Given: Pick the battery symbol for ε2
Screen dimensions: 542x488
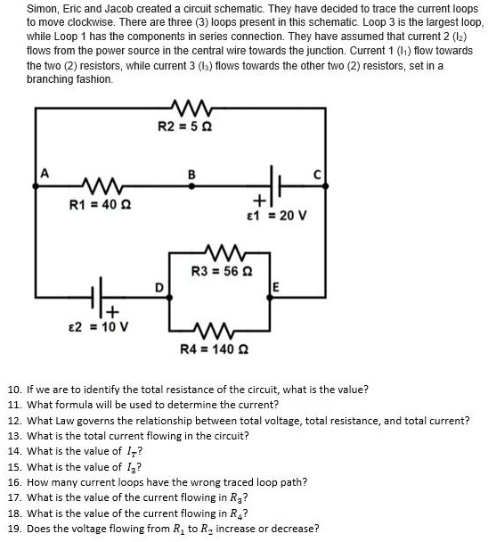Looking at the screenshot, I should click(x=102, y=295).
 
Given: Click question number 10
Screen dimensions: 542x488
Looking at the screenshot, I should click(x=14, y=390).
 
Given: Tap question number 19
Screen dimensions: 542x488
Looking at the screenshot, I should click(x=14, y=529).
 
